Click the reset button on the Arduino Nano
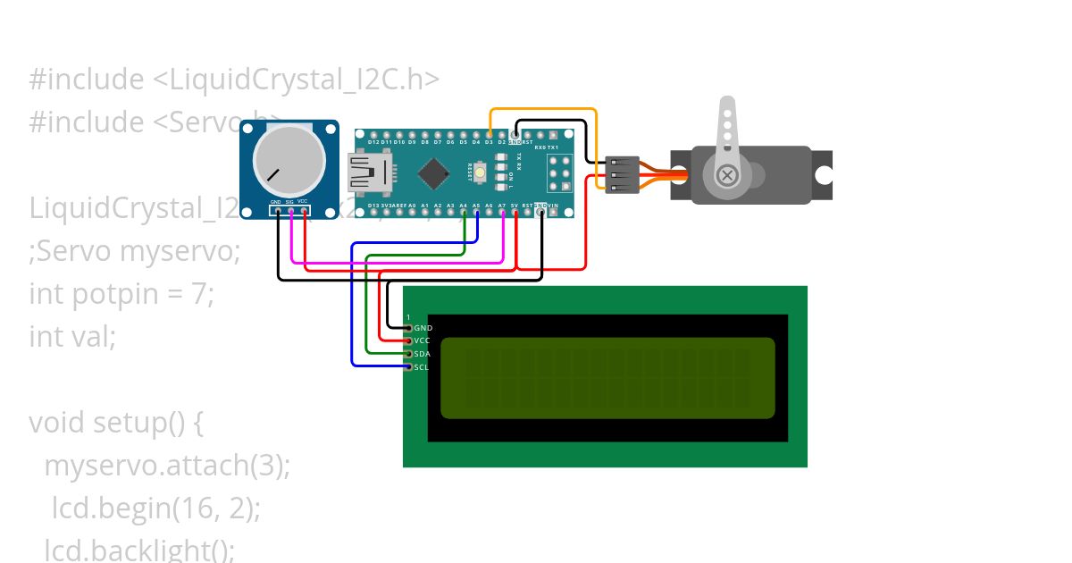coord(480,172)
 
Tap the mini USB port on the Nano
coord(367,172)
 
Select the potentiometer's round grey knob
coord(289,161)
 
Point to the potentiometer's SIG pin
coord(290,212)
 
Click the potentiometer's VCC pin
coord(304,212)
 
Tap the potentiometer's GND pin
coord(277,212)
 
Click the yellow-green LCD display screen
coord(607,377)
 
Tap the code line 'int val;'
coord(72,337)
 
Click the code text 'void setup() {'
coord(116,422)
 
